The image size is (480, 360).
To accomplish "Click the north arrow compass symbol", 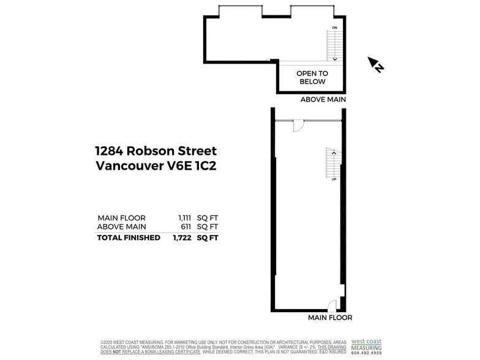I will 375,64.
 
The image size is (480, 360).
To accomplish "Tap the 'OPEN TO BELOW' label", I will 312,77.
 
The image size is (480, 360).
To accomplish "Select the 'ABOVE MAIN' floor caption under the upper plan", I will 323,99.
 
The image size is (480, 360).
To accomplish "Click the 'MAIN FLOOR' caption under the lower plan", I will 330,318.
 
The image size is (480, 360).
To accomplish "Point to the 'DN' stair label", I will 335,29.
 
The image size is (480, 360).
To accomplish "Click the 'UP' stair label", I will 334,179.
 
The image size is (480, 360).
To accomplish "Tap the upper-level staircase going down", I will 335,46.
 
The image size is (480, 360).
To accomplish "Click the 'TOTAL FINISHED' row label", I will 129,238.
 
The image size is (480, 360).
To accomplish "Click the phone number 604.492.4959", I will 366,353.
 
